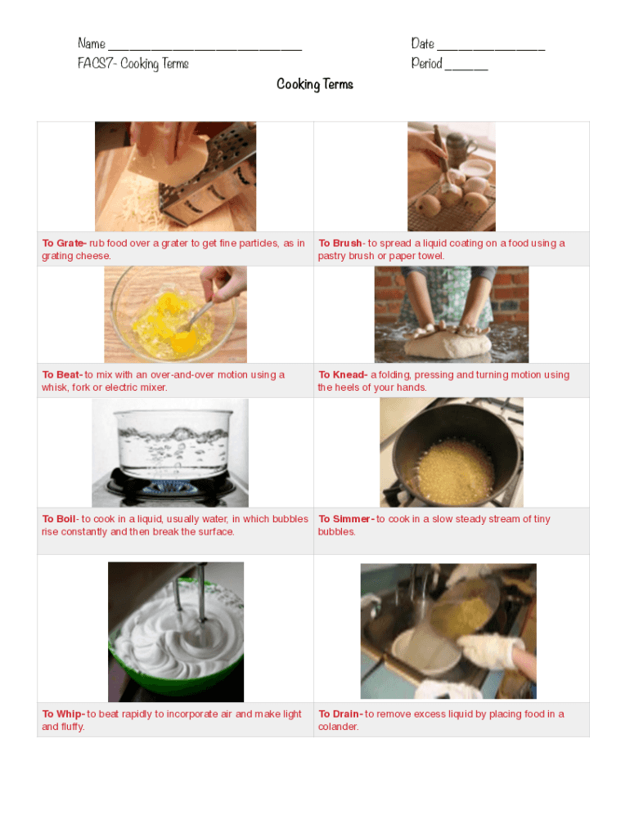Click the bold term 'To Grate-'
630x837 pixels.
(64, 243)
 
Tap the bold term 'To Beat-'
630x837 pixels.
(62, 374)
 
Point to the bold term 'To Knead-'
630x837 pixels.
(343, 374)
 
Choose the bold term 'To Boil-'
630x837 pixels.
(61, 519)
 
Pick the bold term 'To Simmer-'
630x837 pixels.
(346, 519)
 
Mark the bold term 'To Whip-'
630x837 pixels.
(64, 714)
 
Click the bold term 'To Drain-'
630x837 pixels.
(341, 714)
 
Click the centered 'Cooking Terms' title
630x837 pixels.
(315, 84)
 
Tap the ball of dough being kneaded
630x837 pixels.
(448, 344)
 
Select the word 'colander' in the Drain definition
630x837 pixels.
(338, 727)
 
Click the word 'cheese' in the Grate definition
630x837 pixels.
(95, 256)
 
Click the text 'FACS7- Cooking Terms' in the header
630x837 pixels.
(133, 64)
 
